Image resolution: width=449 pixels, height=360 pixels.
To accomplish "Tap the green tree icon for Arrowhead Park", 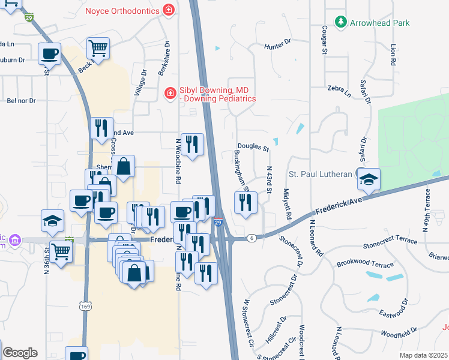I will point(342,22).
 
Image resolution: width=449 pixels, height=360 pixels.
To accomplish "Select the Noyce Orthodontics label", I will point(123,10).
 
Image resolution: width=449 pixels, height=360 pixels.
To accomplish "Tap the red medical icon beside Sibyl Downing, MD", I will point(170,92).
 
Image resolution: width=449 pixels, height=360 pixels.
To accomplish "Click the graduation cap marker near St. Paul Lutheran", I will point(368,179).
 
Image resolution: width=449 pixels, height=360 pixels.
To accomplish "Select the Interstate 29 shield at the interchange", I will point(219,223).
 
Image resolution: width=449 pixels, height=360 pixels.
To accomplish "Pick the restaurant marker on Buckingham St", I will point(246,202).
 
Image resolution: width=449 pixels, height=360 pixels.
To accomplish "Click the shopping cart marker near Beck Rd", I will point(98,47).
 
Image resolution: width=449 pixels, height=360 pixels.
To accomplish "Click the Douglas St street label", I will point(252,146).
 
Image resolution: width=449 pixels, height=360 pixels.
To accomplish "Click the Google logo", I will point(20,353).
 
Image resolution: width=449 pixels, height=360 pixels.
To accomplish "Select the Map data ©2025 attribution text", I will point(423,355).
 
